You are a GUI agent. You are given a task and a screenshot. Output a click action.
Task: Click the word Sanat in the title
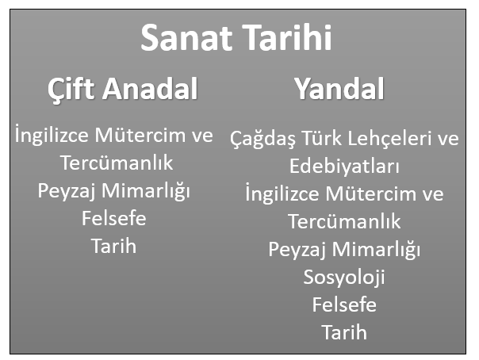point(186,38)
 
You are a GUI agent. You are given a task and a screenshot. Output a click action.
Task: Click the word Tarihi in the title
point(287,37)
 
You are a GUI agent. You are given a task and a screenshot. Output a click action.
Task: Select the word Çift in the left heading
point(71,90)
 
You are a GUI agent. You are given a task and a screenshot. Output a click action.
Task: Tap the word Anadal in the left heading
point(150,89)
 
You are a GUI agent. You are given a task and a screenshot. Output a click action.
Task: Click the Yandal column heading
point(339,89)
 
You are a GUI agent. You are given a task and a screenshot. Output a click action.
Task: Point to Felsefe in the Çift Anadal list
point(114,218)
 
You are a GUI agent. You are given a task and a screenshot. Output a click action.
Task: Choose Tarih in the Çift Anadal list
point(113,246)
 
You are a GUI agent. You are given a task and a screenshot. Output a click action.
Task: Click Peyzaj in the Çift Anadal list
point(66,191)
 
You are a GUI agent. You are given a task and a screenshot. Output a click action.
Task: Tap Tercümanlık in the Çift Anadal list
point(117,163)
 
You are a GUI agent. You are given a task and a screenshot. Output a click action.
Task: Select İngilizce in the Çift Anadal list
point(52,135)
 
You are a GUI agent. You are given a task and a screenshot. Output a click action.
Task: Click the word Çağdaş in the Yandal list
point(262,139)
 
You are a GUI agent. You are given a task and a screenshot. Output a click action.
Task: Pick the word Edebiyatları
point(344,166)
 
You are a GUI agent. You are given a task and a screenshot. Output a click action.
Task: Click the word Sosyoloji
point(344,278)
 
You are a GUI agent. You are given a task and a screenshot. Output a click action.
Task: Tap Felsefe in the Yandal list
point(344,304)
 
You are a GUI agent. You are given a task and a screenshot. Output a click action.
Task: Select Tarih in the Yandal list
point(344,332)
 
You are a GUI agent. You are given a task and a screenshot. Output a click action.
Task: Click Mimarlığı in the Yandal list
point(376,250)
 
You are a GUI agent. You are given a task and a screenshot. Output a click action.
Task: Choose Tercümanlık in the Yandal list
point(344,221)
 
